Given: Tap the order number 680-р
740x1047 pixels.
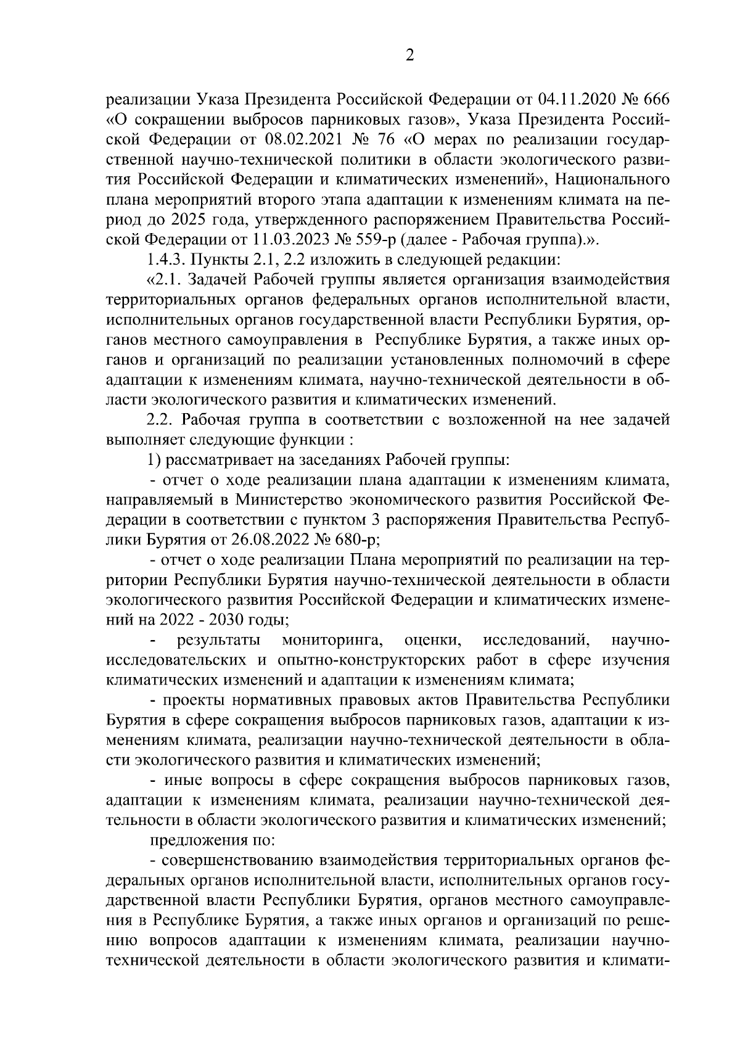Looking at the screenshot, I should tap(356, 541).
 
